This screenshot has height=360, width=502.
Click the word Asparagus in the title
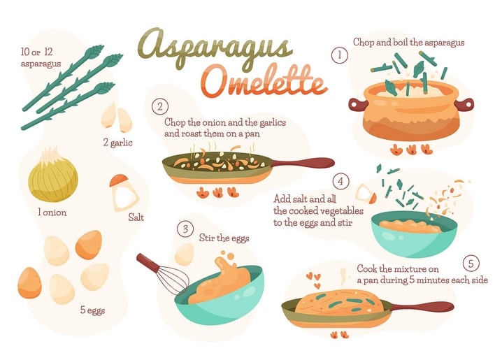pos(215,48)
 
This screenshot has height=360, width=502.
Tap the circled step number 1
pos(339,55)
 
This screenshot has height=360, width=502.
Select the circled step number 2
pos(160,107)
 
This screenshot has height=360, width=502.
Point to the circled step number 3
pos(185,229)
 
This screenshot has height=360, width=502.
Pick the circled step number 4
pos(340,182)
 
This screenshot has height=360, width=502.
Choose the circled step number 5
pos(471,264)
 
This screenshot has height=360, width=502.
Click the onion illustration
pos(53,175)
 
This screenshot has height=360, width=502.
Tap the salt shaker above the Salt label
pos(123,193)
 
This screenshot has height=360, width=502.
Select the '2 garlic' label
pos(117,143)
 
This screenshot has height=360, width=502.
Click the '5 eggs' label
pos(92,310)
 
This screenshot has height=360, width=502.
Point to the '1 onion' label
pos(52,213)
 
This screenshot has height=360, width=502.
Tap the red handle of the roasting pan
pos(303,163)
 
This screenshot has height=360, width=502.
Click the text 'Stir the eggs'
pos(224,238)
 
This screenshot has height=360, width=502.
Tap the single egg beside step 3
pos(185,254)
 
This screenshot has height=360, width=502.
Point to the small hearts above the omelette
pos(313,280)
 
